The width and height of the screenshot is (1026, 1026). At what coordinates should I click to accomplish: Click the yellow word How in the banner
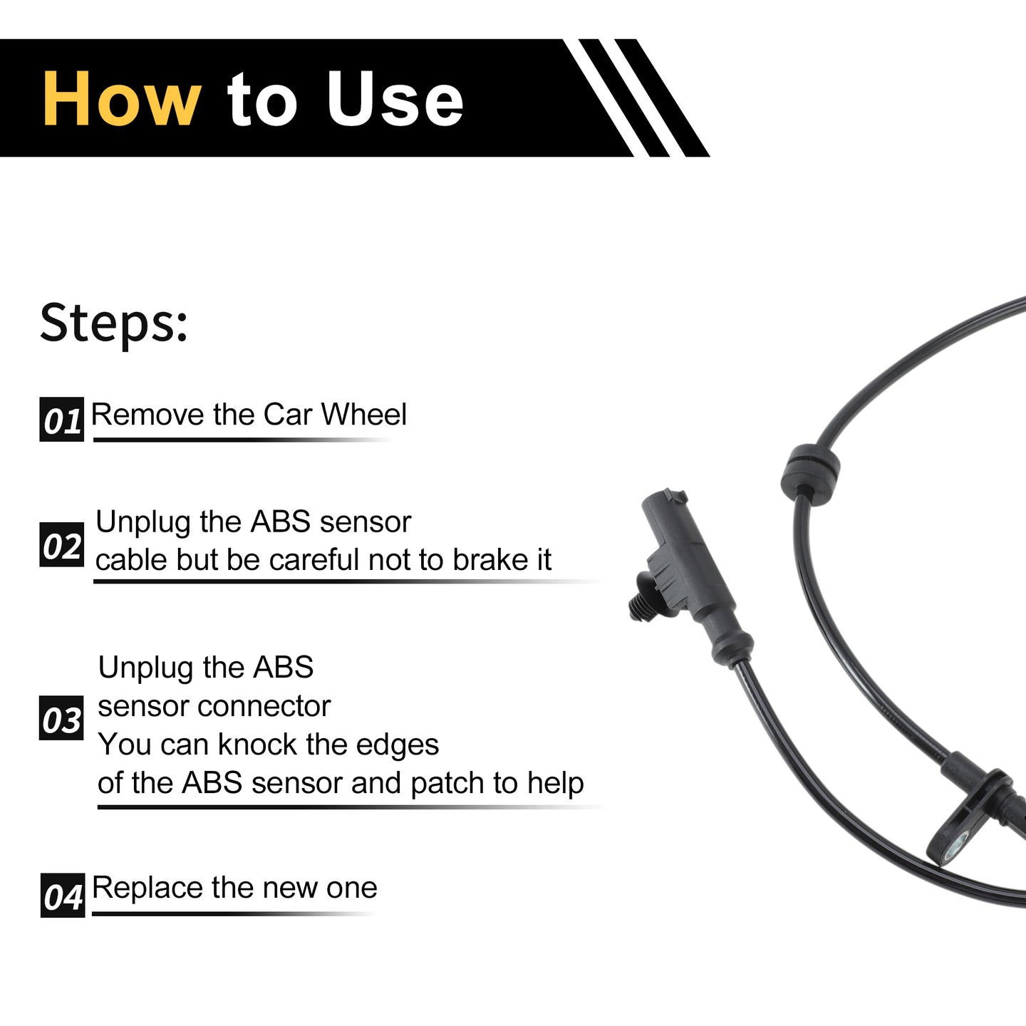point(122,99)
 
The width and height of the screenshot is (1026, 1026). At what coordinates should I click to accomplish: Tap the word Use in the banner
point(395,99)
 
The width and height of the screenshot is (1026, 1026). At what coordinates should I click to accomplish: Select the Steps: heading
point(114,323)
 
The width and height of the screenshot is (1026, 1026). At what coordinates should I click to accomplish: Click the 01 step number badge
point(62,420)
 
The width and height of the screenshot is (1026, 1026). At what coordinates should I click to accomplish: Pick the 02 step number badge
point(62,544)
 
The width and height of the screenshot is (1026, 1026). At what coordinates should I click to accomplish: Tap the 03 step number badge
point(61,718)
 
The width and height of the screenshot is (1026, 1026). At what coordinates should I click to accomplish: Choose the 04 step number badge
point(63,896)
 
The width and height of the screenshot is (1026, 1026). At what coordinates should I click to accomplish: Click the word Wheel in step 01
point(364,414)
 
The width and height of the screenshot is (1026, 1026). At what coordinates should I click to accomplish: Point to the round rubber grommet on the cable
point(810,470)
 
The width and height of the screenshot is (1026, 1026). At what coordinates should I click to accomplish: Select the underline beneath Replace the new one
point(233,914)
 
